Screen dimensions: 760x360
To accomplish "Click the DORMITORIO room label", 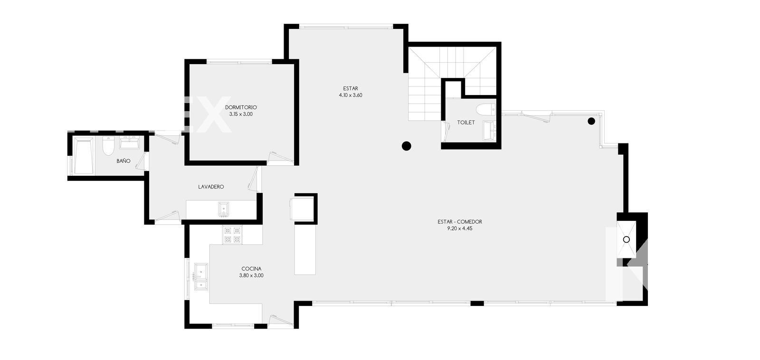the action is (x=241, y=107).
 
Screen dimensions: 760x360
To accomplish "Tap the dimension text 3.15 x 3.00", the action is (x=241, y=114).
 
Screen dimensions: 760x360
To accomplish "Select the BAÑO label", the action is (x=123, y=161).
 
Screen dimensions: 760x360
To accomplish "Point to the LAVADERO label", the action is (x=211, y=187).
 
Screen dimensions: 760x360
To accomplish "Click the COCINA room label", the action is (x=251, y=269).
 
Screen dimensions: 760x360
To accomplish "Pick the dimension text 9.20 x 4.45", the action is (x=460, y=229).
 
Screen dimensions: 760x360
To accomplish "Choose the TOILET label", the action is (x=466, y=123).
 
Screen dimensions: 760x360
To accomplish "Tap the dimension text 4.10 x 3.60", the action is (x=351, y=95).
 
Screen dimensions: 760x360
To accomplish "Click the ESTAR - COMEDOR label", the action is (x=460, y=222).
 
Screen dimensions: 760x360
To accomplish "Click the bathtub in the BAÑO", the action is (x=84, y=156).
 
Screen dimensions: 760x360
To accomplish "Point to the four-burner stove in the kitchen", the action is (x=232, y=235).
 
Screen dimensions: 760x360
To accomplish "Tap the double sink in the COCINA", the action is (x=201, y=276).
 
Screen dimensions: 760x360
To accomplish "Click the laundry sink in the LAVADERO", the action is (x=223, y=209).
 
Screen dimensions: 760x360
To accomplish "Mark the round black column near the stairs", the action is (x=407, y=146).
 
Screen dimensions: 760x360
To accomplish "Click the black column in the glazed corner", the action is (x=591, y=121).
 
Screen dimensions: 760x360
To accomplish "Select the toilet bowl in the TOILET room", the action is (x=485, y=110).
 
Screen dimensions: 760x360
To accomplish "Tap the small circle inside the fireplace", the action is (x=627, y=239).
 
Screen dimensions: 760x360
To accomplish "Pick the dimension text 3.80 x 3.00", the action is (x=251, y=275).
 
